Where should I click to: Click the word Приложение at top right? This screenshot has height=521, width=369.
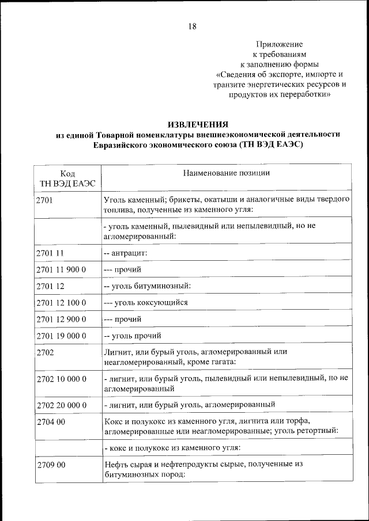279,44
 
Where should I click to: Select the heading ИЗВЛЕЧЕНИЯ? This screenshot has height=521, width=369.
198,124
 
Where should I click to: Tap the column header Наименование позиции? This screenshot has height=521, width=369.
227,173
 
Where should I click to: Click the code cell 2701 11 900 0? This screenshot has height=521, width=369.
61,269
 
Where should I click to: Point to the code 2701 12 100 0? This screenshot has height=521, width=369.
61,302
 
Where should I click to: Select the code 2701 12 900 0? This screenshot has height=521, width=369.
61,318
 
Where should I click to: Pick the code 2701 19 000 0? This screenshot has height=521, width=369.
61,335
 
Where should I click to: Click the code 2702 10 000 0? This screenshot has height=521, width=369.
61,379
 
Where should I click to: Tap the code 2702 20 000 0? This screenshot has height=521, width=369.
61,405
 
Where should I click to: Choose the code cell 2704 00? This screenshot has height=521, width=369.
50,421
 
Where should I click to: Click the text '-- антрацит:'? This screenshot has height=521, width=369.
125,253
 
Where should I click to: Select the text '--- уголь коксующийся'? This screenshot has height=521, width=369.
145,302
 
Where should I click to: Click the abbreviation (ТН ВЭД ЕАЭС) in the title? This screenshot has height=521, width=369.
269,145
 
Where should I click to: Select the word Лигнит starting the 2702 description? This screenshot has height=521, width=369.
118,352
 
